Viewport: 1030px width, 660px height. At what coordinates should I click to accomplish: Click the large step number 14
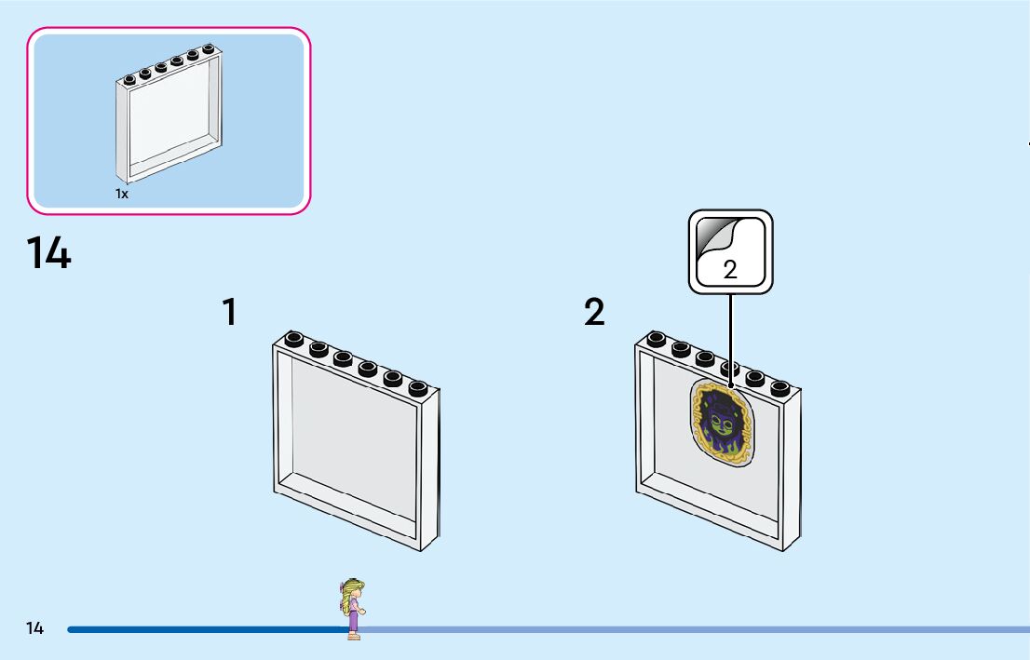(48, 253)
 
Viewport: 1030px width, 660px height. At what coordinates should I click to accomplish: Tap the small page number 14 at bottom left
(35, 628)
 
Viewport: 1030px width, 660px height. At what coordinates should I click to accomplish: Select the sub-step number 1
(229, 313)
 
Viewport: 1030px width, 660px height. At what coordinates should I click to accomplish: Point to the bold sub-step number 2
(594, 313)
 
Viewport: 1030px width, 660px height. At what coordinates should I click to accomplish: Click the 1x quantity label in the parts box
(122, 195)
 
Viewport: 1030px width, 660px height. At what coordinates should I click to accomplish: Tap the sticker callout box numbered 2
(730, 251)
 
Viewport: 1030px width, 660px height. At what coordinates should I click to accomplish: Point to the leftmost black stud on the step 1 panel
(294, 339)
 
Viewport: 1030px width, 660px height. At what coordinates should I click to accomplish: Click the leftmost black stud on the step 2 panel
(657, 339)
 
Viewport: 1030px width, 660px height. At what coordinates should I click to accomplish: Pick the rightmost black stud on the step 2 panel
(779, 387)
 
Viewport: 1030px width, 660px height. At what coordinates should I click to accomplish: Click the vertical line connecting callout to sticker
(730, 335)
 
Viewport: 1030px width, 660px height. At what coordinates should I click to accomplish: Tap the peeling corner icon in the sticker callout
(714, 237)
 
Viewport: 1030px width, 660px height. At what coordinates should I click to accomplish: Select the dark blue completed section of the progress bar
(205, 629)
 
